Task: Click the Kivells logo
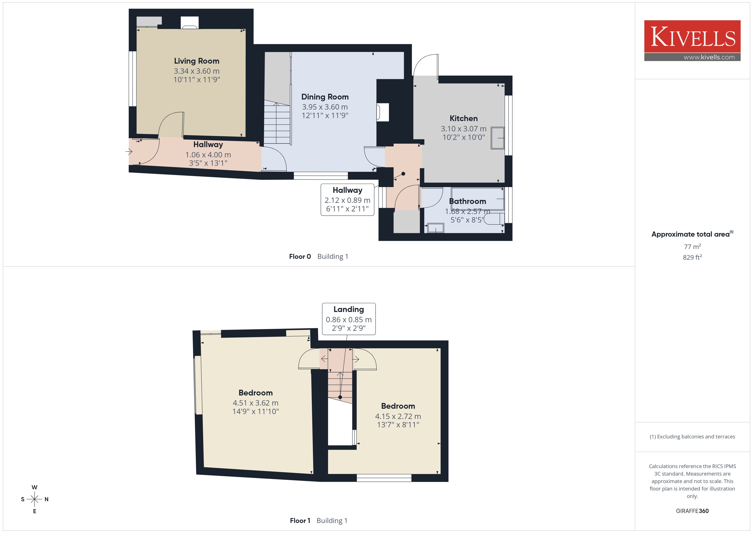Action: [692, 41]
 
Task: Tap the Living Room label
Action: [196, 61]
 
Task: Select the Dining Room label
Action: [325, 97]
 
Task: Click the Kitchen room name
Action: [463, 119]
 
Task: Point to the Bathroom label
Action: [467, 201]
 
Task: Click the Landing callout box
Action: [349, 319]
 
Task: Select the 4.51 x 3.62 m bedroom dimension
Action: [255, 403]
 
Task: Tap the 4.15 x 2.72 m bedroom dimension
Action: [398, 416]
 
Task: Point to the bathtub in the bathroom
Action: [477, 199]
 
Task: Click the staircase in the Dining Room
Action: [277, 122]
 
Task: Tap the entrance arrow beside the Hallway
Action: [128, 152]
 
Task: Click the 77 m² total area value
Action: [692, 246]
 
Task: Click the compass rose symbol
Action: [34, 499]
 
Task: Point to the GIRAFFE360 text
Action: [692, 511]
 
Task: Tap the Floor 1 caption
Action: [300, 521]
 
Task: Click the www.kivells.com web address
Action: [709, 57]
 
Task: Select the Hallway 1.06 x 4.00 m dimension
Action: [208, 155]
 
